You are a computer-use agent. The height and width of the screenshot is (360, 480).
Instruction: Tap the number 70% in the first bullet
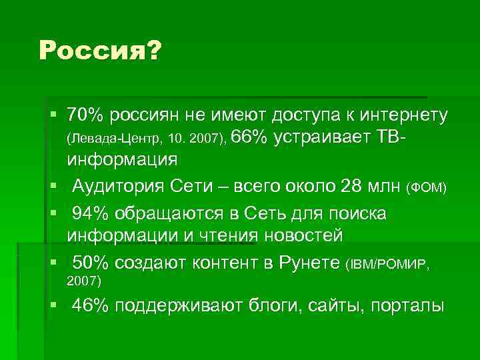pyautogui.click(x=85, y=115)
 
